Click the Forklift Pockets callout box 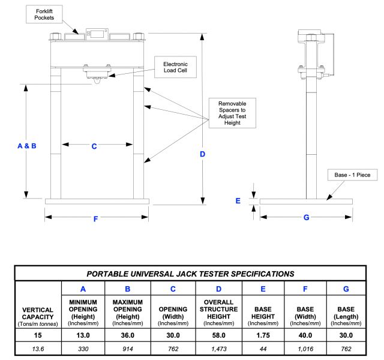tap(44, 14)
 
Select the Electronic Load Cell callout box tap(175, 67)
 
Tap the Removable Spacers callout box tap(232, 113)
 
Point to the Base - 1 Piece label tap(352, 175)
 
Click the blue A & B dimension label tap(27, 146)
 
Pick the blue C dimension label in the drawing tap(94, 146)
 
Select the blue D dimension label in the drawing tap(203, 154)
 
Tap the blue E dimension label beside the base tap(238, 201)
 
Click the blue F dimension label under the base tap(96, 218)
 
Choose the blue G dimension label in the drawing tap(307, 217)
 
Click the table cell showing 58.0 tap(218, 335)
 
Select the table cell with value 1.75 tap(263, 335)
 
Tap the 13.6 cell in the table tap(38, 349)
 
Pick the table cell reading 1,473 tap(218, 349)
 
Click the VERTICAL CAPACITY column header tap(38, 317)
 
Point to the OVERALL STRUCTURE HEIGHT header tap(218, 313)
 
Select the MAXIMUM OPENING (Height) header tap(128, 313)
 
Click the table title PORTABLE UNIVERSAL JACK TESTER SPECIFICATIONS tap(191, 274)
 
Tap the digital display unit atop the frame tap(97, 34)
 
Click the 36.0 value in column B tap(128, 335)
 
